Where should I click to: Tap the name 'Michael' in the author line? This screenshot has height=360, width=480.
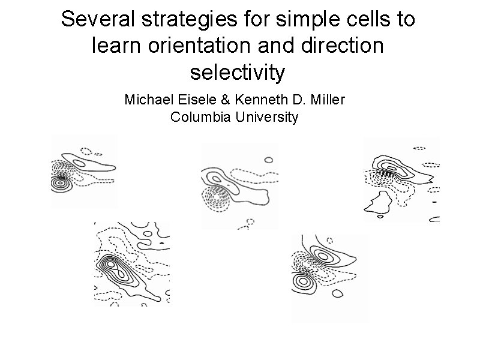click(x=145, y=100)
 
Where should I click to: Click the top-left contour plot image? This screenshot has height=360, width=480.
click(x=84, y=171)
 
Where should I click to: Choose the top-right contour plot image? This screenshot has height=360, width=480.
click(x=401, y=179)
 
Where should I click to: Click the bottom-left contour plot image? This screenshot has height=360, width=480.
click(x=132, y=264)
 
